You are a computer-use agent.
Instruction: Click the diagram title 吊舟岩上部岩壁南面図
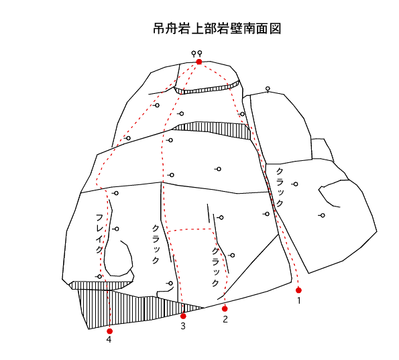[217, 29]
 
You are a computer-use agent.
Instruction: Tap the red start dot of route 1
[298, 290]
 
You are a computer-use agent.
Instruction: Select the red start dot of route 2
[225, 308]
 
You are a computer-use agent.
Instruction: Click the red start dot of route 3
[183, 316]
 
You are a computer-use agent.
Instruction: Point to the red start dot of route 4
[110, 331]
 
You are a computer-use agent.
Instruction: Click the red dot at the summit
[199, 62]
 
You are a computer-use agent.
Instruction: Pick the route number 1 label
[299, 301]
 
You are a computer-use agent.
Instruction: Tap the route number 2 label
[225, 319]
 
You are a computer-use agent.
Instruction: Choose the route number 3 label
[183, 326]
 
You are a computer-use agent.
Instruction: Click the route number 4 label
[109, 339]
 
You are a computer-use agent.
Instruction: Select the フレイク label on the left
[99, 233]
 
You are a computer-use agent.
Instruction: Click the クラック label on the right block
[280, 188]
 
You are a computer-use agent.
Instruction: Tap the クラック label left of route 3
[156, 244]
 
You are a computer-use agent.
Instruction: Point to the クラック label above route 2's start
[215, 267]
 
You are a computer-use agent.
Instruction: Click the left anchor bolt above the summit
[194, 54]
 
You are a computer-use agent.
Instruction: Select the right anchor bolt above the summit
[200, 54]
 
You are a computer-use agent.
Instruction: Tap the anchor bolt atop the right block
[268, 89]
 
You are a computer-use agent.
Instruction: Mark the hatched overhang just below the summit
[207, 88]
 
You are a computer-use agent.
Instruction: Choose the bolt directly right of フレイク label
[116, 229]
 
